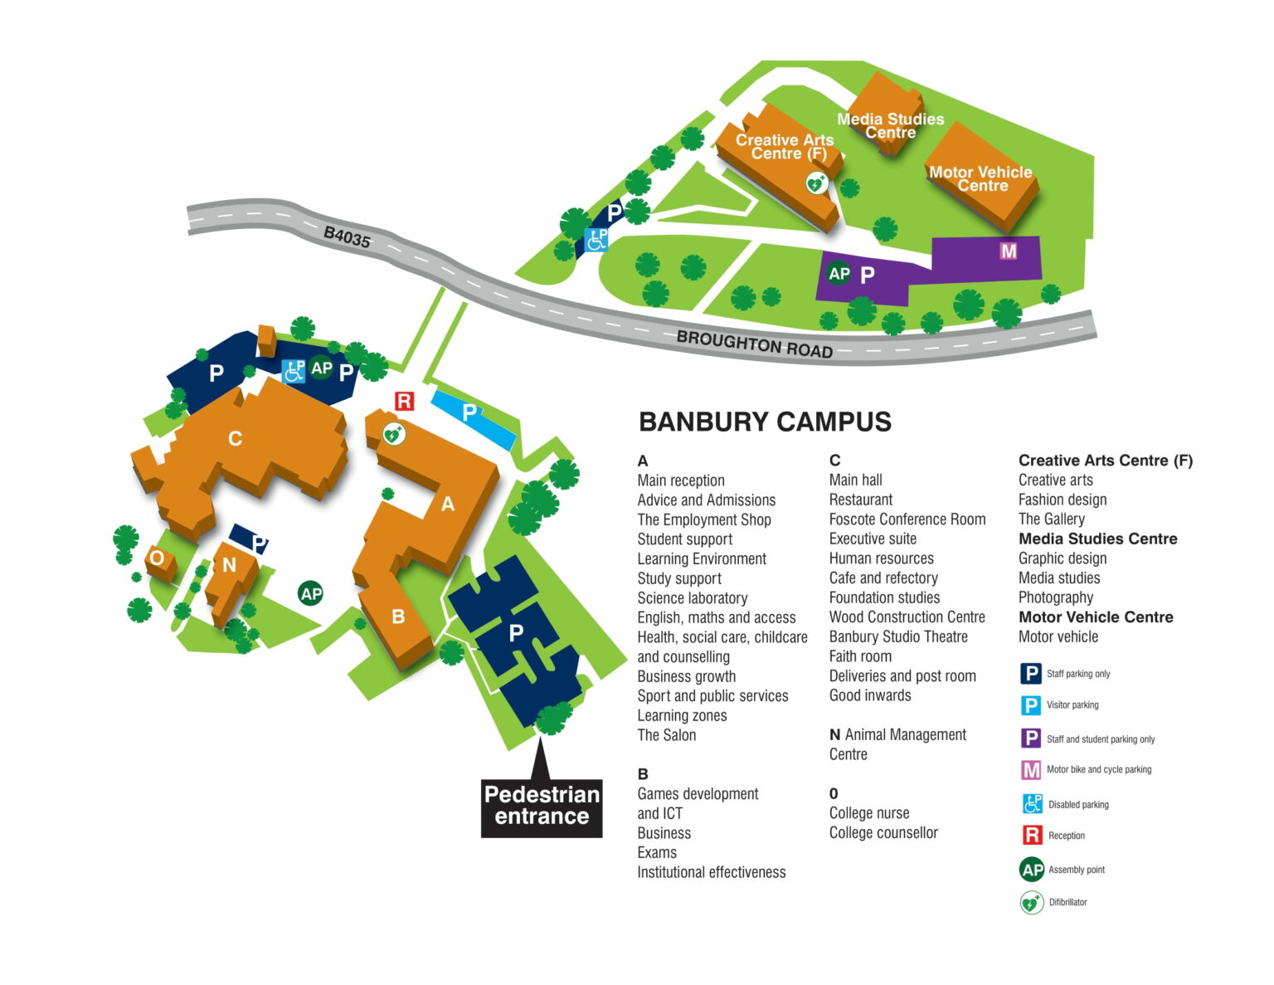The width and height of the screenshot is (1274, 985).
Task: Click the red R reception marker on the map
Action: pyautogui.click(x=404, y=402)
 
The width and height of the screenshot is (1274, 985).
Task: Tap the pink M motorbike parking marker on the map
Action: pyautogui.click(x=1008, y=251)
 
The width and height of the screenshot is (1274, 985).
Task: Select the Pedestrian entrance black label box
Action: pyautogui.click(x=542, y=806)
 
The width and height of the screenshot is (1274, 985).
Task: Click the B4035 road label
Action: pyautogui.click(x=347, y=237)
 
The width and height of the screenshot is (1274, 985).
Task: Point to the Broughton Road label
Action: pyautogui.click(x=754, y=344)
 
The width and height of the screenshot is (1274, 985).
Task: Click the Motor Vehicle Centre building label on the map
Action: pyautogui.click(x=981, y=178)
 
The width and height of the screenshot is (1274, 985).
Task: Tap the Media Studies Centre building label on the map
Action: pyautogui.click(x=890, y=125)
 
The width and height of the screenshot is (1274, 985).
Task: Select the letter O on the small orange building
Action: pyautogui.click(x=157, y=558)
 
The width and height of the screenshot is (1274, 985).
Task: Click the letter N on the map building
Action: pyautogui.click(x=229, y=565)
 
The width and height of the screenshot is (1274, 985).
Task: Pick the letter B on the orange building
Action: pyautogui.click(x=398, y=617)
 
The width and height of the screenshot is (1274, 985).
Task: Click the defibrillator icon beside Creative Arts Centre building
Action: pyautogui.click(x=816, y=183)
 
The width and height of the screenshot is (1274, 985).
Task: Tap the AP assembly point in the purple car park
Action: pyautogui.click(x=839, y=274)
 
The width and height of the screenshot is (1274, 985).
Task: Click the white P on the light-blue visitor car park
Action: pyautogui.click(x=469, y=412)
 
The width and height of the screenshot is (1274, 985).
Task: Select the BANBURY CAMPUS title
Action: pyautogui.click(x=765, y=422)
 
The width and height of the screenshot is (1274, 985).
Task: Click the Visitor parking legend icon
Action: pyautogui.click(x=1030, y=705)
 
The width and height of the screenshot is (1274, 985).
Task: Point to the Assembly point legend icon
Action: pyautogui.click(x=1032, y=870)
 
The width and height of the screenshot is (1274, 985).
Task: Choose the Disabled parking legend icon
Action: pyautogui.click(x=1032, y=804)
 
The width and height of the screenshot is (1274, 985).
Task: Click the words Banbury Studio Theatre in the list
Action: pyautogui.click(x=898, y=636)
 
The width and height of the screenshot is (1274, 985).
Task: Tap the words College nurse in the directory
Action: pyautogui.click(x=869, y=813)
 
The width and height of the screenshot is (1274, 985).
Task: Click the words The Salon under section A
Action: pyautogui.click(x=666, y=735)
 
